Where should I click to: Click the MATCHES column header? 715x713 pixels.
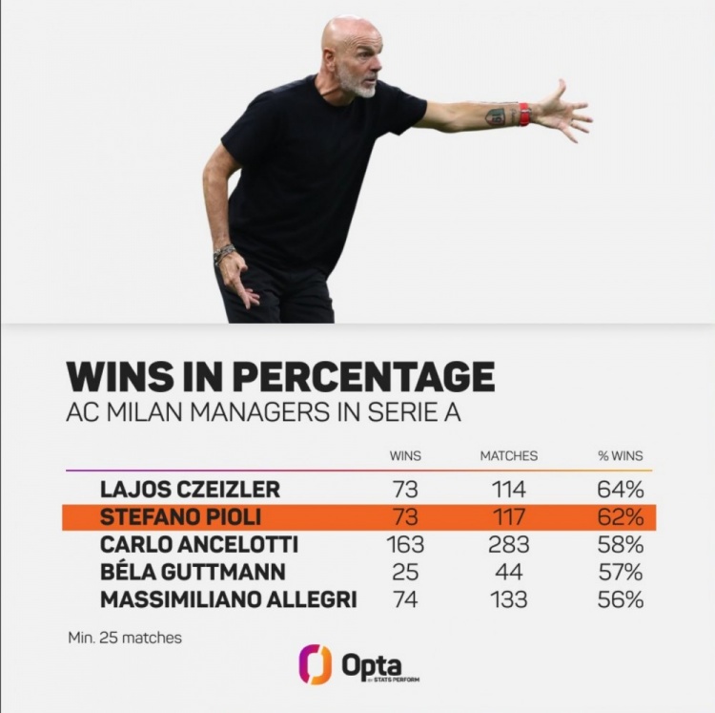[x=508, y=456]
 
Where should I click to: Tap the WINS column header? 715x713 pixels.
[x=406, y=456]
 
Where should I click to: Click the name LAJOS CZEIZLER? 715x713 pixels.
[x=190, y=491]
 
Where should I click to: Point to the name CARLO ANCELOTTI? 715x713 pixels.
[x=198, y=546]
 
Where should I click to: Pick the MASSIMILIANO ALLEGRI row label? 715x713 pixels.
[x=228, y=600]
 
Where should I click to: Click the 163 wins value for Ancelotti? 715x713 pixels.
[x=406, y=546]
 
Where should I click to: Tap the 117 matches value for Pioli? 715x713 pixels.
[x=508, y=518]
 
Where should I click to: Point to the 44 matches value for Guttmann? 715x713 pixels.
[x=508, y=573]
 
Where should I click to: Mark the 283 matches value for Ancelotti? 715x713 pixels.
[x=508, y=546]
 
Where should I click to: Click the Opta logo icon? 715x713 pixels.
[x=316, y=664]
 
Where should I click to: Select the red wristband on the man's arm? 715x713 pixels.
[x=524, y=115]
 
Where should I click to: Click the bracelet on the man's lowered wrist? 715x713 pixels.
[x=225, y=254]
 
